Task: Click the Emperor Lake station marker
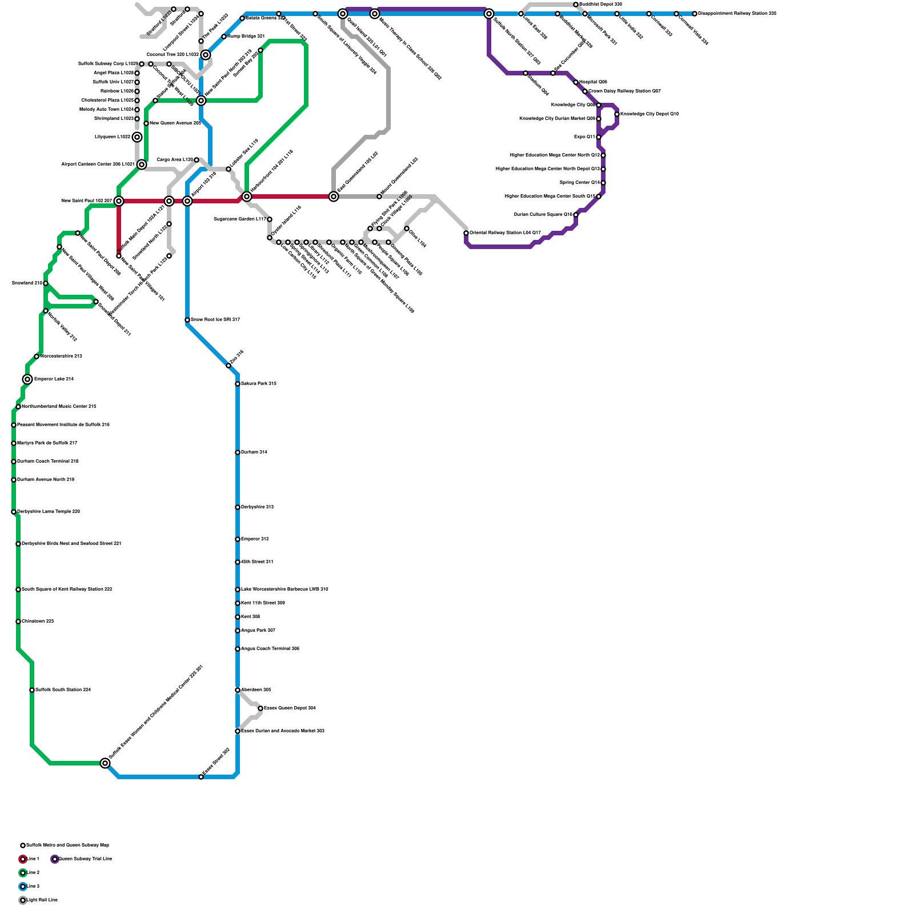(x=27, y=379)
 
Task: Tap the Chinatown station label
(x=38, y=621)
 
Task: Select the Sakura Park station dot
(x=238, y=384)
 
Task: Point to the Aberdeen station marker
(x=238, y=690)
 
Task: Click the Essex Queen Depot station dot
(x=260, y=708)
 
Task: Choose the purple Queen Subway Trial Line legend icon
(x=55, y=859)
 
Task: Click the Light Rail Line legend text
(x=42, y=900)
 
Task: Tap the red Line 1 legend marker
(x=23, y=859)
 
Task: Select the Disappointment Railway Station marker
(x=695, y=14)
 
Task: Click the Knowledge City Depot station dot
(x=617, y=114)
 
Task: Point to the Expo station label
(x=584, y=137)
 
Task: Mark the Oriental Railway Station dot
(x=466, y=233)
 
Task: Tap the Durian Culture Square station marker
(x=576, y=215)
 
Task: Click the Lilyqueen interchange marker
(x=137, y=137)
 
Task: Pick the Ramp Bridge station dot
(x=224, y=37)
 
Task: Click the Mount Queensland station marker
(x=379, y=197)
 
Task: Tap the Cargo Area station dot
(x=197, y=160)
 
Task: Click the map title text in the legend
(x=67, y=845)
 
